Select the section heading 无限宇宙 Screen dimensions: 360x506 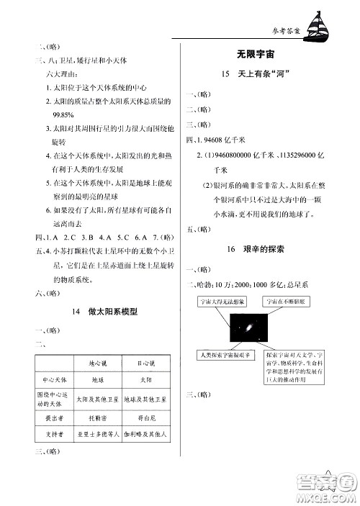[258, 55]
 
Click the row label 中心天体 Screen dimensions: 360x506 [54, 379]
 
